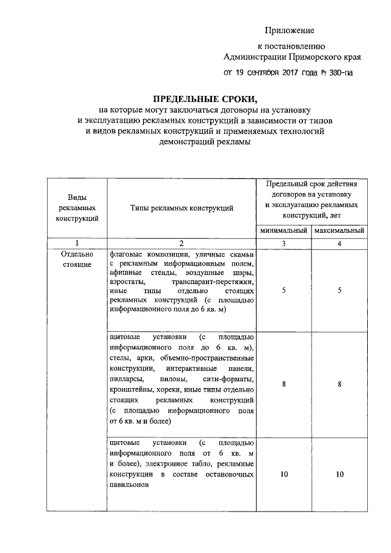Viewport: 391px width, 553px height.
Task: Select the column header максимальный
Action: (x=339, y=231)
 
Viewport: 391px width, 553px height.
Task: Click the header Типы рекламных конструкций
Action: (x=182, y=208)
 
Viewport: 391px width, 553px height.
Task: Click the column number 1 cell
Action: (x=77, y=243)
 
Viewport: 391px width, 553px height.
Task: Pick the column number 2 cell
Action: (x=182, y=243)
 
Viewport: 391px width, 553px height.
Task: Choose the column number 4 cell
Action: (x=339, y=243)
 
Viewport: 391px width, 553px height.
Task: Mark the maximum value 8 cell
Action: (x=339, y=384)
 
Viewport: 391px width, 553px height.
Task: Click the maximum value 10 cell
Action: (x=339, y=474)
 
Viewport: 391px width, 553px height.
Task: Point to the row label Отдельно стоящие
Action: (x=77, y=259)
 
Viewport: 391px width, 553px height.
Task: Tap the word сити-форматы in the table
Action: (x=231, y=379)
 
